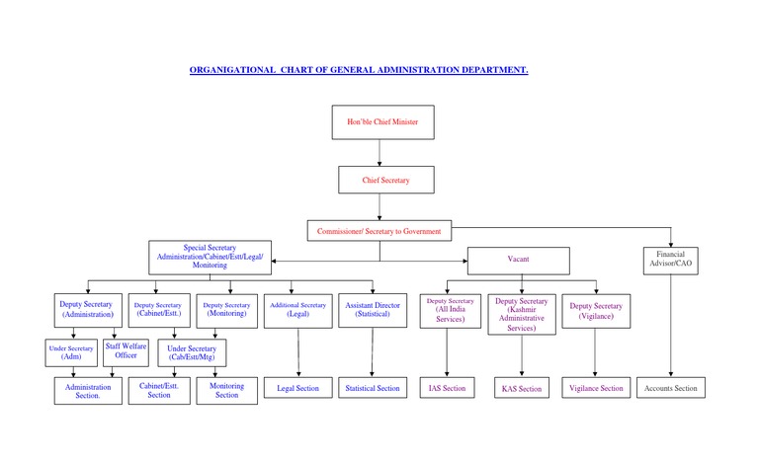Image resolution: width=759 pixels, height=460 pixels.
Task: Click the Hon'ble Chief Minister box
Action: point(381,121)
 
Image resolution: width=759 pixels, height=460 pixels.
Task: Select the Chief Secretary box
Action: point(385,181)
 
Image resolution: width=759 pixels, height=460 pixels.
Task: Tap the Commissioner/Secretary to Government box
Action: point(379,231)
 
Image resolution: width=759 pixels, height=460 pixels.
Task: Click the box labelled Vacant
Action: point(518,260)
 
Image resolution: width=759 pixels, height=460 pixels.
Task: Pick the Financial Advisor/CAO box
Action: point(671,260)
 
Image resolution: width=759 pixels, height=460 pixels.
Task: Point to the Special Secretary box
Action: point(210,256)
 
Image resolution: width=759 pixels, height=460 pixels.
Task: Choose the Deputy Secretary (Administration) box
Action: point(87,309)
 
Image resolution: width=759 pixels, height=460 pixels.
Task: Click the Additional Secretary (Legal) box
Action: point(297,309)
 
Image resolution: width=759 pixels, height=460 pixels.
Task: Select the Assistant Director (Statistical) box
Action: point(373,310)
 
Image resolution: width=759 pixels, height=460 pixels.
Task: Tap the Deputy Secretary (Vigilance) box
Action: point(596,310)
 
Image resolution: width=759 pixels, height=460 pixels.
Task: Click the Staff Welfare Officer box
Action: point(126,350)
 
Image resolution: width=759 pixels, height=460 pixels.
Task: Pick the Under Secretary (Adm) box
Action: point(70,351)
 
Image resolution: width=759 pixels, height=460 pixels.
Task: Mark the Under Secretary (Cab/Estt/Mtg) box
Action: point(192,352)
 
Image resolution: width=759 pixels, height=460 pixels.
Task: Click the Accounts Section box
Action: point(670,388)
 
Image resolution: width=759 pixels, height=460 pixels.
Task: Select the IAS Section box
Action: point(448,388)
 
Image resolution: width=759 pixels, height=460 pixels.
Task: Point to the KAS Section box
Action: point(522,389)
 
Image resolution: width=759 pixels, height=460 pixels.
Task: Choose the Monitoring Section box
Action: point(227,390)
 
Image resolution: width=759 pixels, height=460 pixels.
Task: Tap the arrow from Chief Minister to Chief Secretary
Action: point(381,153)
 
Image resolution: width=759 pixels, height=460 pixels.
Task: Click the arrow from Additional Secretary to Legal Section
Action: point(297,350)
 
